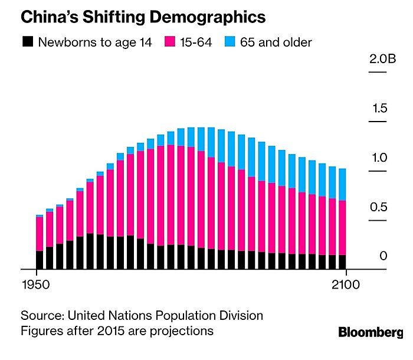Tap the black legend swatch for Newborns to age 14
click(x=27, y=42)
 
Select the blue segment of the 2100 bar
click(x=342, y=185)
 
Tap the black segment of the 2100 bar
click(x=342, y=262)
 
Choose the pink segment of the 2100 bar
click(x=342, y=228)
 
